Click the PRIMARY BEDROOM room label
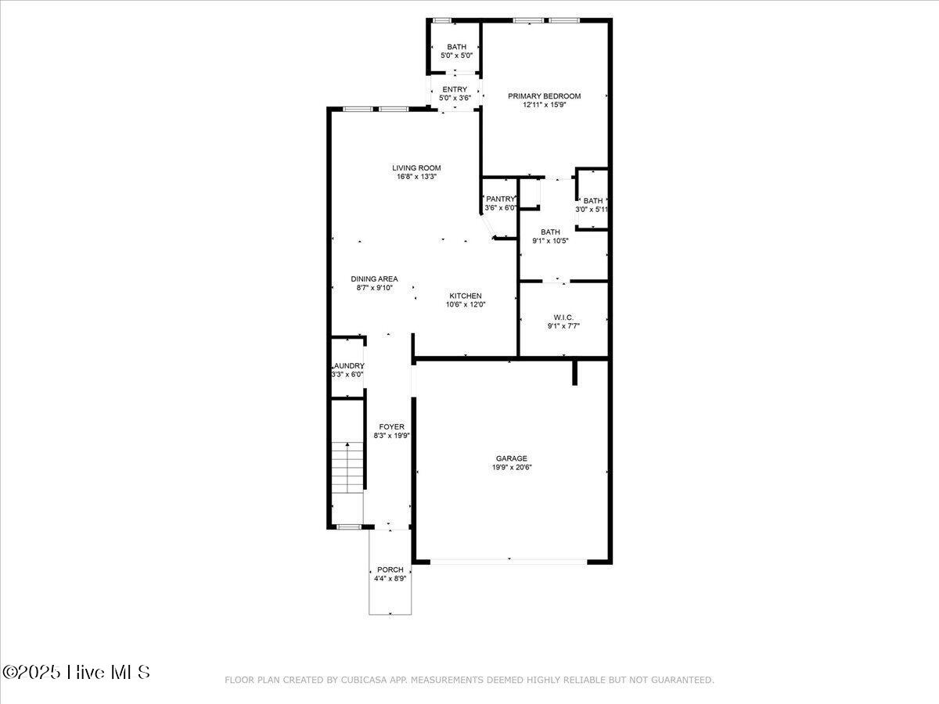[x=544, y=96]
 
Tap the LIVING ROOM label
[x=416, y=167]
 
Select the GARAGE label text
[x=511, y=458]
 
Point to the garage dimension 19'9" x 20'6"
[x=511, y=468]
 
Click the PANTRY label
[x=500, y=199]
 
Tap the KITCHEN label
[x=466, y=296]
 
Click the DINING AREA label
[x=374, y=278]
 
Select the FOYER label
[x=392, y=426]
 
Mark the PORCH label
[x=390, y=569]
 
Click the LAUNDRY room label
[x=348, y=365]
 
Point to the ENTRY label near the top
[x=455, y=89]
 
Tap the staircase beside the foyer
[x=347, y=468]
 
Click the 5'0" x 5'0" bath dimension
[x=456, y=56]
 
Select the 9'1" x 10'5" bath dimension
[x=550, y=240]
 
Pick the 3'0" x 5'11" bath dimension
[x=592, y=210]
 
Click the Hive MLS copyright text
[x=77, y=672]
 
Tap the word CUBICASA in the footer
[x=361, y=680]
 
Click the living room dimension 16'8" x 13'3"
[x=416, y=177]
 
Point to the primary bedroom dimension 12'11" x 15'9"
[x=544, y=105]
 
